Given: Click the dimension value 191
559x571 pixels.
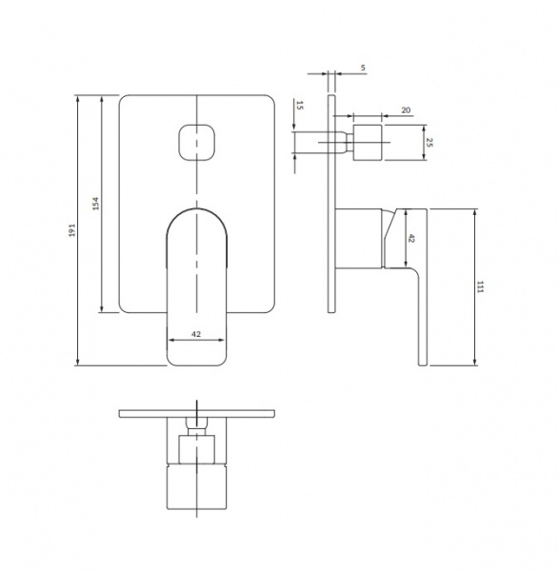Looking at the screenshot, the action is pos(72,230).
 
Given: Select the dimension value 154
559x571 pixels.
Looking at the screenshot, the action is pos(95,204).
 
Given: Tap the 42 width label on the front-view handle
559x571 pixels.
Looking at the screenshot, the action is pos(196,334).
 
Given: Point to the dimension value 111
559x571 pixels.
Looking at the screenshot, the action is pos(480,287).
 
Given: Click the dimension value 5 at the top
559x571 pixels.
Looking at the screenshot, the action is pos(363,68).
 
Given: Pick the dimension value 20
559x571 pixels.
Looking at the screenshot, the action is pos(406,110).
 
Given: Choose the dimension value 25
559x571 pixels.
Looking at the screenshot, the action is pos(429,143).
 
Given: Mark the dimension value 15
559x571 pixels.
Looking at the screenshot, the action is pos(299,106).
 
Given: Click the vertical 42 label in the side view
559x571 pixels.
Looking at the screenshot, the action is pos(411,239).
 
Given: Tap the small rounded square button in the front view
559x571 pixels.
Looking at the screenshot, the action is pos(196,143).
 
